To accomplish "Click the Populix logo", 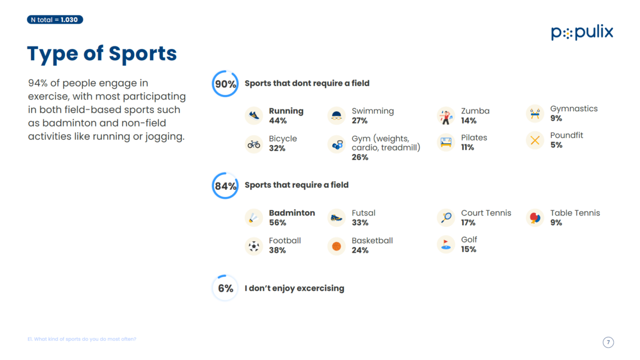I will click(x=582, y=33).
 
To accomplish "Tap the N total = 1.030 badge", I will click(x=55, y=20).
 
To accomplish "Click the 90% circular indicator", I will click(x=225, y=84).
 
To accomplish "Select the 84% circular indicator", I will click(x=225, y=185).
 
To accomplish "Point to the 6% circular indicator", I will click(x=225, y=288).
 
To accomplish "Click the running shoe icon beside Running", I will click(x=254, y=116).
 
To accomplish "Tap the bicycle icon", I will click(x=254, y=144).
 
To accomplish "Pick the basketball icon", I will click(x=336, y=246).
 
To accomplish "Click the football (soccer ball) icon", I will click(x=254, y=246).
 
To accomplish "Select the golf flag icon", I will click(x=446, y=244).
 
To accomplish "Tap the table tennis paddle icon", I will click(x=535, y=217).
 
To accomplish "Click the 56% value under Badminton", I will click(x=277, y=223).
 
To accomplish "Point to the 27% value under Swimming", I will click(x=360, y=121).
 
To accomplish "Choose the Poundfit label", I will click(x=567, y=135).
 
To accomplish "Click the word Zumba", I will click(x=475, y=111).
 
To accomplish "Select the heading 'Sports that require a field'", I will click(x=296, y=185).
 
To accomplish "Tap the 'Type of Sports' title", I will click(x=102, y=54).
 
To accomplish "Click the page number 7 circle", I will click(x=609, y=342).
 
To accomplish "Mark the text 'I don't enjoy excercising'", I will click(x=294, y=288).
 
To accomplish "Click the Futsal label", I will click(x=363, y=213).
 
